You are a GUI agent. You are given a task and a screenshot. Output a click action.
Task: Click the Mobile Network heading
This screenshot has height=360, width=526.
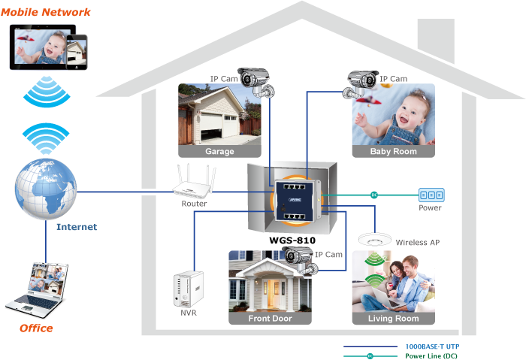coord(46,12)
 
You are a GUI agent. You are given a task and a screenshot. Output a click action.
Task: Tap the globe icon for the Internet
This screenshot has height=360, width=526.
coord(46,187)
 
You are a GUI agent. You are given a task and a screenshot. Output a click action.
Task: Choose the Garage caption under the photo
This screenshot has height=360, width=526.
coord(220,151)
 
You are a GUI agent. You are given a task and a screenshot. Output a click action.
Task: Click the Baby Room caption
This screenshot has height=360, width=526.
coord(393,151)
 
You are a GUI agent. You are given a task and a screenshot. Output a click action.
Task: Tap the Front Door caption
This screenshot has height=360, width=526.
coord(270,318)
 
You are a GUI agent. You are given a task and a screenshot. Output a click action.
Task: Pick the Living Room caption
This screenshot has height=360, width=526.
coord(393,318)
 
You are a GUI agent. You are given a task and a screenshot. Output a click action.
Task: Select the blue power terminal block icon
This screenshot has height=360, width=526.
coord(431,194)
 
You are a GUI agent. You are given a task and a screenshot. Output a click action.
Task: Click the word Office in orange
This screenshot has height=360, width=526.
coord(36,328)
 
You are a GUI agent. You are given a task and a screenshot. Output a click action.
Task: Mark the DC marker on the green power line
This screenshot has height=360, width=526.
coord(373,194)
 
